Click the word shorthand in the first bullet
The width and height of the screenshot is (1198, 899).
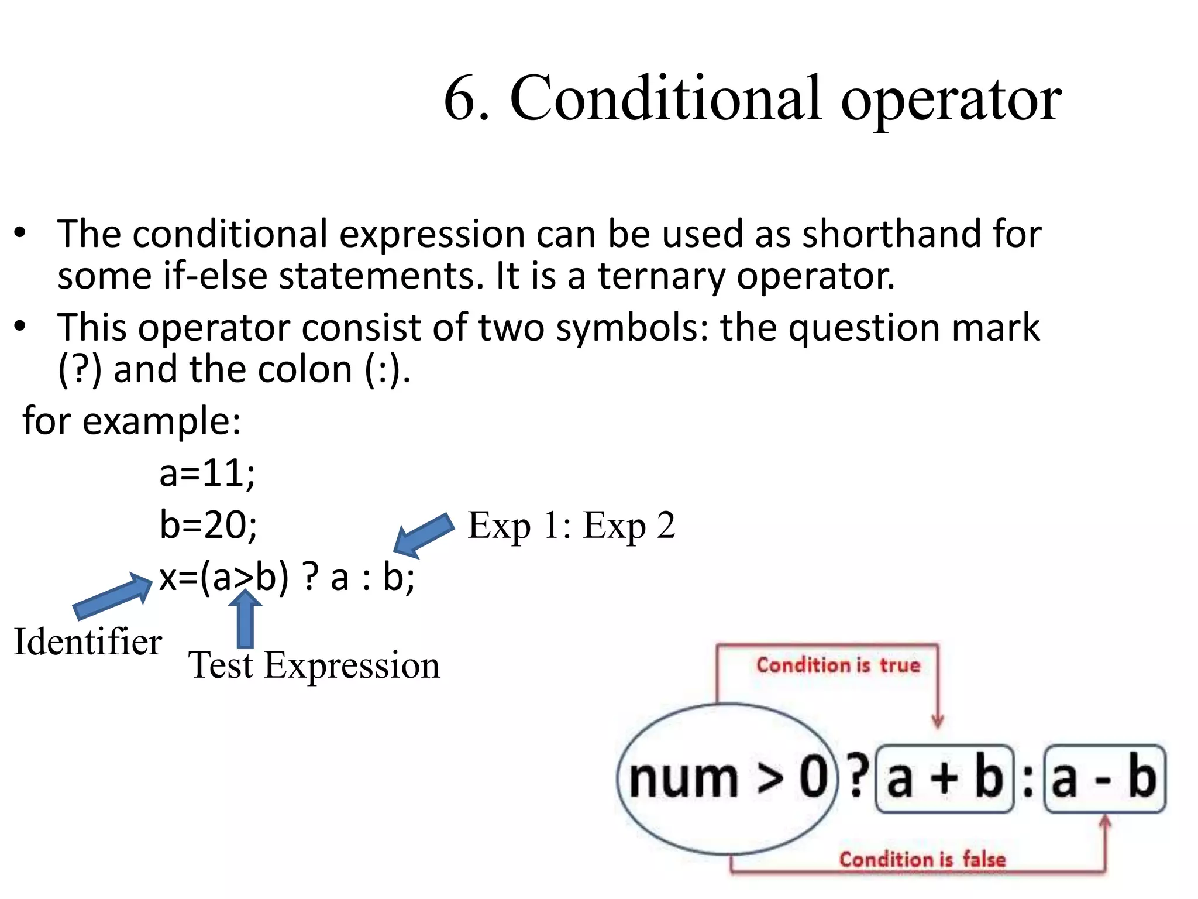(x=891, y=234)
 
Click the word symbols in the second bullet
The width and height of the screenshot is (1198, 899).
(x=632, y=327)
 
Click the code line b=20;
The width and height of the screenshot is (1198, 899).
(x=208, y=524)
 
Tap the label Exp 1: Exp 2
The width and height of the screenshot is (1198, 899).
(x=571, y=525)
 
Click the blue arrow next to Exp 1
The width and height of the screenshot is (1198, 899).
(x=424, y=534)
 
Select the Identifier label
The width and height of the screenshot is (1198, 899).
(x=88, y=641)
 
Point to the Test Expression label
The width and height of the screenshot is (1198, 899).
(x=314, y=665)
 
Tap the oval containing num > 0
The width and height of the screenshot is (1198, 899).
(x=727, y=778)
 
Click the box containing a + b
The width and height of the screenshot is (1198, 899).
(x=944, y=779)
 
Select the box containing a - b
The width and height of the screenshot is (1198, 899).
(x=1104, y=779)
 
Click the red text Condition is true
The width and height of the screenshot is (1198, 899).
(x=838, y=665)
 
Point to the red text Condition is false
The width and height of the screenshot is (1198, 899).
(x=922, y=859)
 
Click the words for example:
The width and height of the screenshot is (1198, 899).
(x=132, y=420)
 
